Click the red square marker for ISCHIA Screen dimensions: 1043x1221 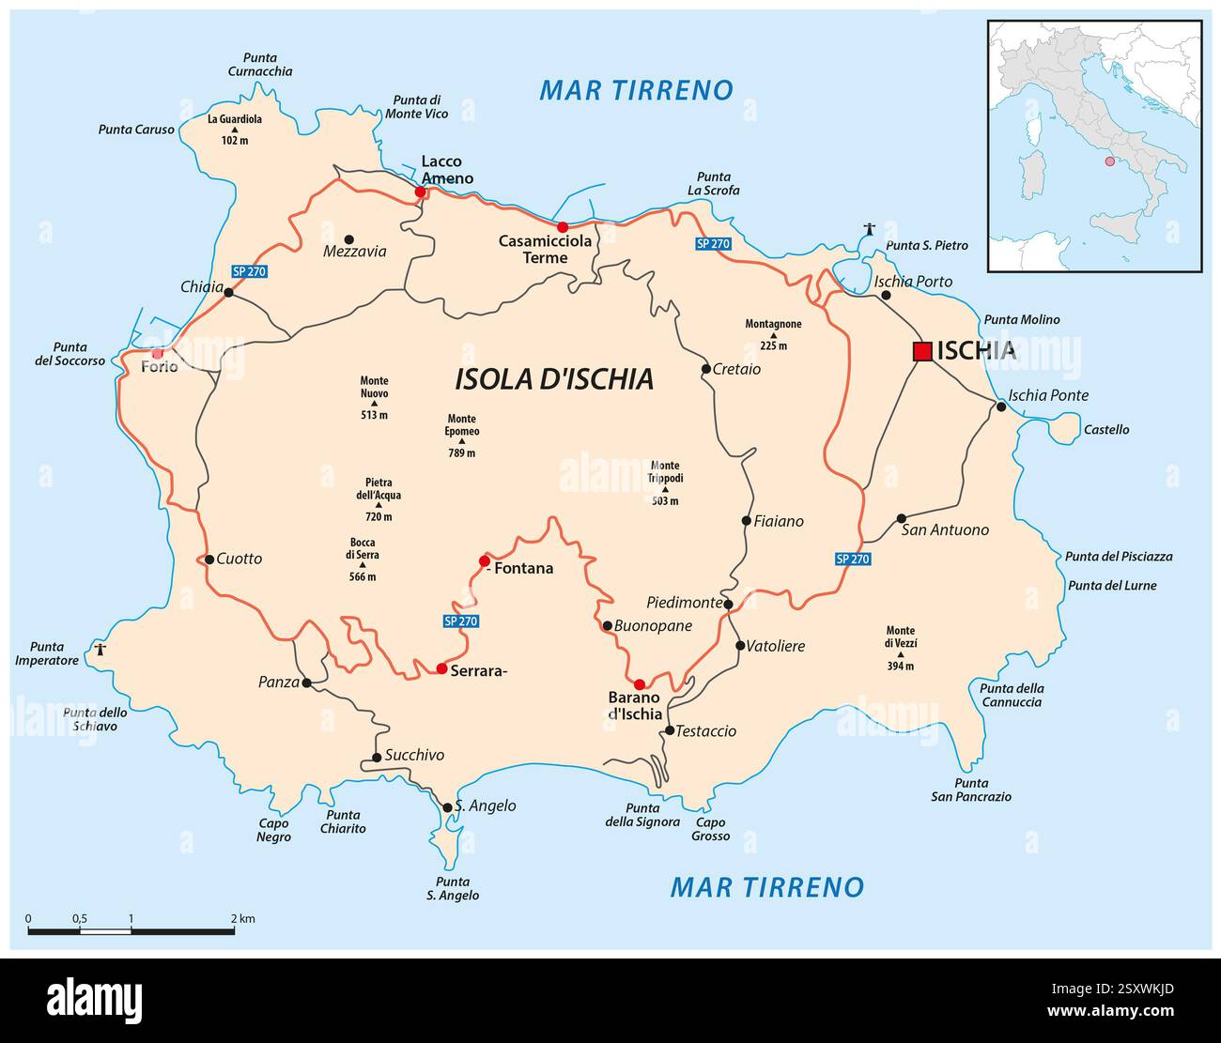tap(922, 351)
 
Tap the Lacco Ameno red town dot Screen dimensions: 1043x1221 tap(421, 192)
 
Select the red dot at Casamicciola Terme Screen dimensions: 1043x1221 tap(563, 227)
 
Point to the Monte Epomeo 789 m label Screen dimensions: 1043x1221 tap(462, 436)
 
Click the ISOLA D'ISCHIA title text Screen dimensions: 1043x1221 tap(553, 379)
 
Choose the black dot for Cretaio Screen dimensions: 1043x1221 tap(706, 369)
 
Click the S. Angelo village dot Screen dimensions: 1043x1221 tap(447, 806)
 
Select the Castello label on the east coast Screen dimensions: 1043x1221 tap(1106, 430)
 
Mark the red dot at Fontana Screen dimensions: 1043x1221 tap(485, 560)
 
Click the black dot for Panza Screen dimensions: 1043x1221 tap(306, 683)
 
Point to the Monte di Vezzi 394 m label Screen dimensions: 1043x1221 tap(900, 648)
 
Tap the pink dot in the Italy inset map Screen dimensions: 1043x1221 tap(1109, 161)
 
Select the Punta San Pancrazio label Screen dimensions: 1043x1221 tap(970, 790)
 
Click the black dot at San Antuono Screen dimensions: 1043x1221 tap(902, 518)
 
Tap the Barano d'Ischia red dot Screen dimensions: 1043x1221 tap(640, 684)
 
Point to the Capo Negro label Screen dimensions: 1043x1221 tap(274, 830)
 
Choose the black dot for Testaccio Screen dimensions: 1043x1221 tap(670, 730)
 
